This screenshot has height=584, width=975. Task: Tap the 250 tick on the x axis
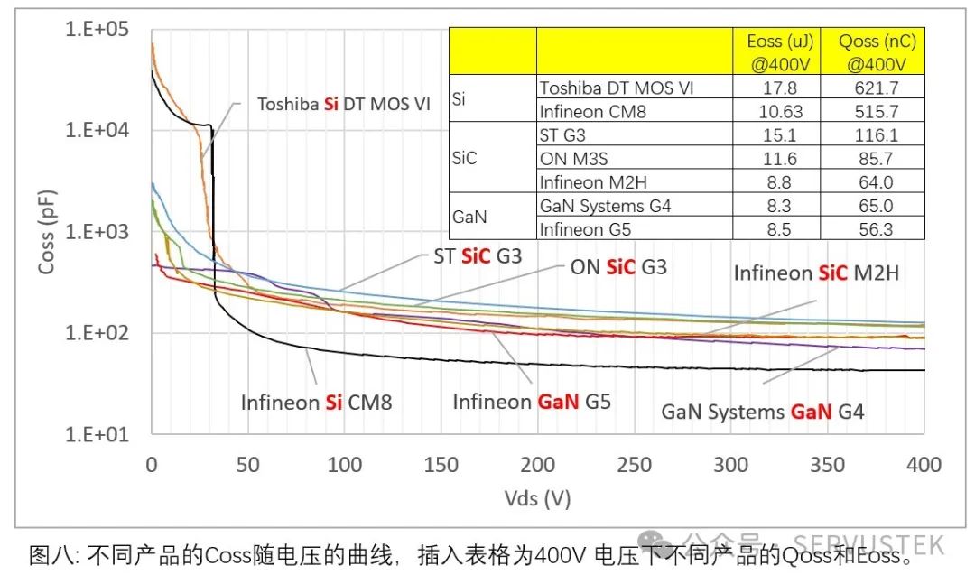tap(634, 465)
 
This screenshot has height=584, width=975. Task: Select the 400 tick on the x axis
tap(923, 465)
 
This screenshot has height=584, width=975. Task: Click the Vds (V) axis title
tap(537, 497)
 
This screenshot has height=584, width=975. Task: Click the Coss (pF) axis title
tap(46, 231)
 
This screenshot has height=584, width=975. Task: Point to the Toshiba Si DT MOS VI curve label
tap(344, 104)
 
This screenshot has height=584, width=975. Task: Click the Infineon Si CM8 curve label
tap(316, 403)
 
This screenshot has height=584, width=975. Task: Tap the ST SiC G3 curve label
tap(478, 257)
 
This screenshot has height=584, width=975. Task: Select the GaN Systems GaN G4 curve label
tap(763, 413)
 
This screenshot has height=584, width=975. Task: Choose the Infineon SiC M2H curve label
tap(816, 273)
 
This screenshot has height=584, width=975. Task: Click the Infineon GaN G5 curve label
tap(532, 402)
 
